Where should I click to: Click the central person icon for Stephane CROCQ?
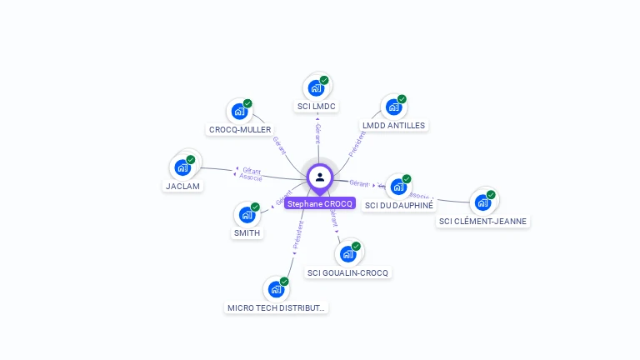(320, 177)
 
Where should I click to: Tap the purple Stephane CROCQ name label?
(320, 203)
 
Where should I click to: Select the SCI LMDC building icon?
(316, 87)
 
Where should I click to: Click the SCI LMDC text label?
(317, 107)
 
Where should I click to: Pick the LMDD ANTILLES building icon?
(393, 107)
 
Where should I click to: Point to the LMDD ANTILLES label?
(393, 126)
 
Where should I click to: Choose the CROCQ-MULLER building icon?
(239, 111)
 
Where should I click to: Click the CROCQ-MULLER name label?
(240, 130)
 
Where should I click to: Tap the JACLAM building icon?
(182, 167)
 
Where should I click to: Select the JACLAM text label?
(182, 186)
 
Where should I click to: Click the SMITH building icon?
(247, 214)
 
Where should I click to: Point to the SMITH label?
(247, 233)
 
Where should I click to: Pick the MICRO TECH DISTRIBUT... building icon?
(276, 289)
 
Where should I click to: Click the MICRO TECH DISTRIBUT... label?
(277, 308)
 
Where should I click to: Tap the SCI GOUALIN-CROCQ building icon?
(347, 253)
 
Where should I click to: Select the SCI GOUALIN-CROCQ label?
(347, 273)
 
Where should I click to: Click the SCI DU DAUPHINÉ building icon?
(398, 186)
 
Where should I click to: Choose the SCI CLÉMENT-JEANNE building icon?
(482, 202)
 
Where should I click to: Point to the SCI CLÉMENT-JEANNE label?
(483, 222)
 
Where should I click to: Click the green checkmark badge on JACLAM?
(191, 159)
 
